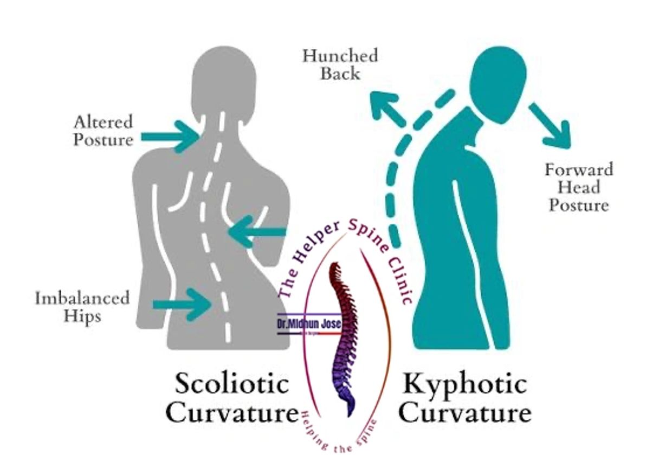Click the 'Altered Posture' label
[103, 131]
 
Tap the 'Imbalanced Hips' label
[82, 307]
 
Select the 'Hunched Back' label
[340, 64]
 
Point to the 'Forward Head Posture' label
[579, 187]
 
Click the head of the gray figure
[223, 79]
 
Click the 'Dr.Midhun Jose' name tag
[309, 324]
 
